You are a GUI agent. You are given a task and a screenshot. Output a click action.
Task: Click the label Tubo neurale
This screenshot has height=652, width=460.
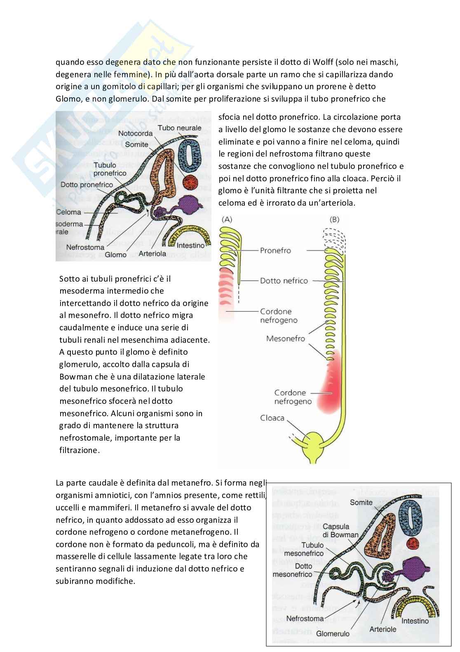pyautogui.click(x=179, y=128)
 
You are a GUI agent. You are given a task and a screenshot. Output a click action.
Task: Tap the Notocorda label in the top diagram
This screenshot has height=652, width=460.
pyautogui.click(x=136, y=134)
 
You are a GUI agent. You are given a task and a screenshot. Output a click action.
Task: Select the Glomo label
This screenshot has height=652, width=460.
pyautogui.click(x=116, y=255)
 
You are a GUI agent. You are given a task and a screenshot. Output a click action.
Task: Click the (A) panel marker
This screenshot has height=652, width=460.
pyautogui.click(x=227, y=219)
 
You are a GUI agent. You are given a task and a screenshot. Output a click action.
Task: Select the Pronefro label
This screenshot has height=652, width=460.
pyautogui.click(x=276, y=250)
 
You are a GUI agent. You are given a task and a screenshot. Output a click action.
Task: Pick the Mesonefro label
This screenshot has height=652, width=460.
pyautogui.click(x=286, y=339)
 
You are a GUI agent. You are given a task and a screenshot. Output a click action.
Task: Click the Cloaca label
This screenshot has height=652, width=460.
pyautogui.click(x=272, y=418)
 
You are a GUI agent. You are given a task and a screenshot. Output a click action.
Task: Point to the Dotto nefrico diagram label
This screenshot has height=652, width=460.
pyautogui.click(x=284, y=281)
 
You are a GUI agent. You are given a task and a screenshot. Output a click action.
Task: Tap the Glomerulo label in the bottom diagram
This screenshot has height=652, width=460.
pyautogui.click(x=333, y=634)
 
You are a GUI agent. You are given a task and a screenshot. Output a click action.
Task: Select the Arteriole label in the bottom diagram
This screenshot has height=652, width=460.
pyautogui.click(x=383, y=629)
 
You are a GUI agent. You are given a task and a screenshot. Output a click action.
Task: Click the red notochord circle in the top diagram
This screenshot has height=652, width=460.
pyautogui.click(x=190, y=182)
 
